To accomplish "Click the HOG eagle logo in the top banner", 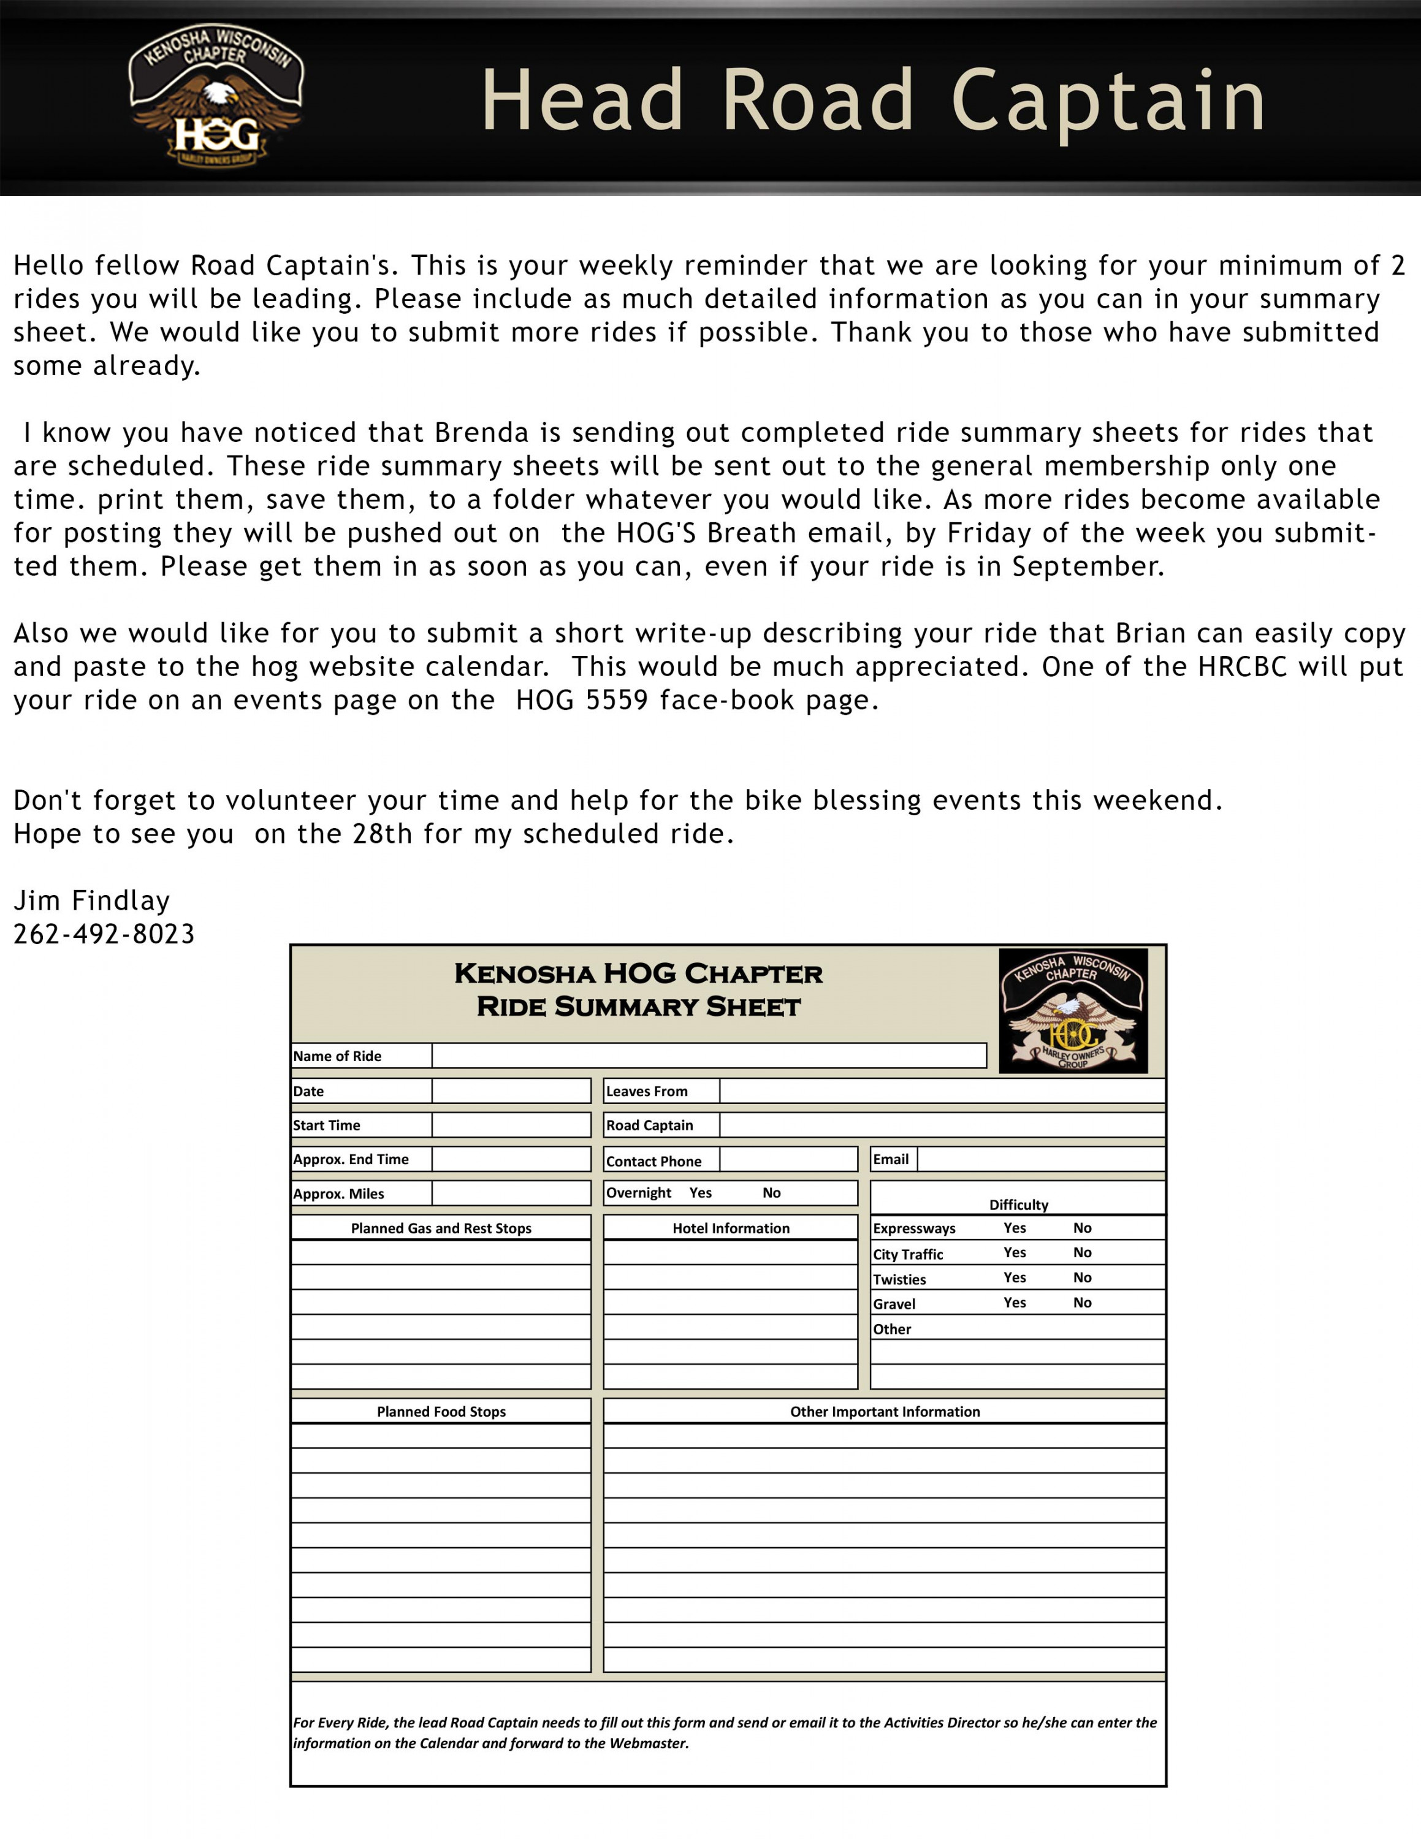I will [x=216, y=94].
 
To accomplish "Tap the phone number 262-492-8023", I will [x=104, y=934].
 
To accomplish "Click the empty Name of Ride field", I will [x=709, y=1055].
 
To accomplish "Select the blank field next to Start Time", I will [x=511, y=1125].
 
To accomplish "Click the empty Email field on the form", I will [x=1040, y=1159].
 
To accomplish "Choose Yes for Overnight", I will [x=701, y=1192].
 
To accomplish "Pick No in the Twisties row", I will [x=1083, y=1277].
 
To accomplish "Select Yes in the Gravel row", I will [x=1015, y=1303].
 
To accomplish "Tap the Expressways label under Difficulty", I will [x=914, y=1228].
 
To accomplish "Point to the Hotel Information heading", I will [x=731, y=1228].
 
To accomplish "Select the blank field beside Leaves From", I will [x=942, y=1091].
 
